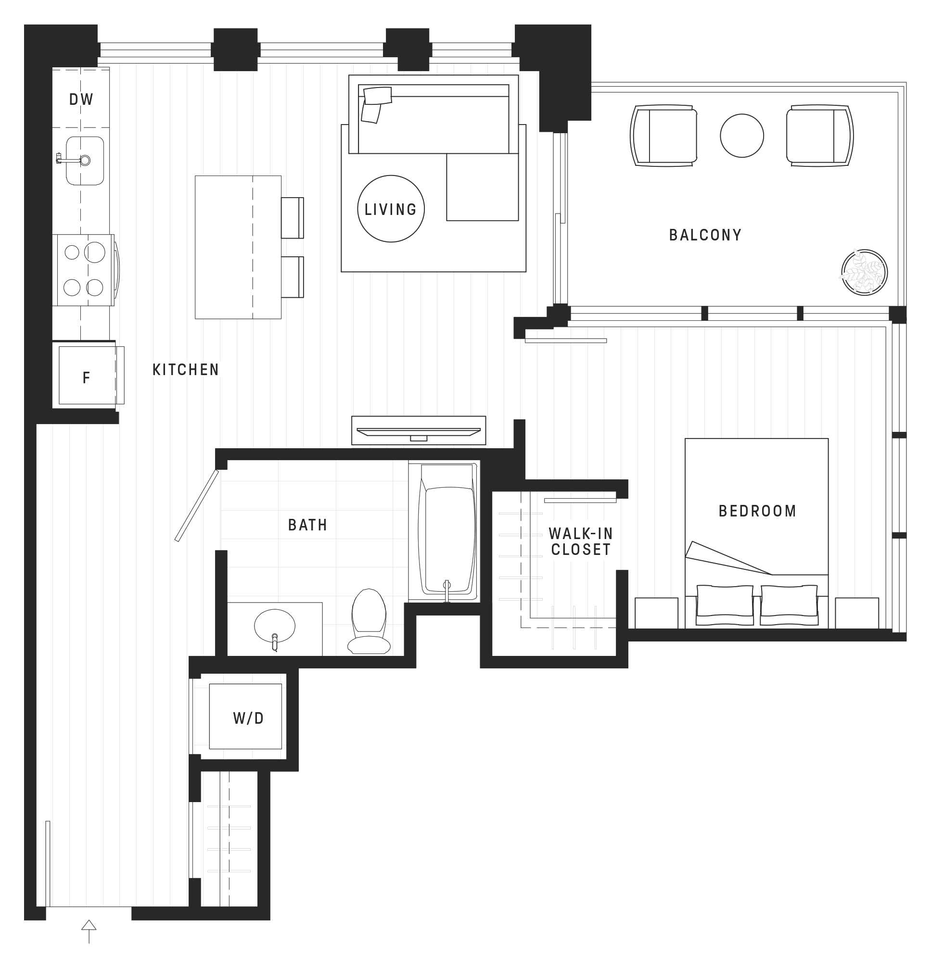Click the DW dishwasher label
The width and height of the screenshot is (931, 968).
coord(81,99)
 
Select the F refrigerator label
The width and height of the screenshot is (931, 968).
coord(86,378)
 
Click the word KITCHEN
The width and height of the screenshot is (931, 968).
coord(185,369)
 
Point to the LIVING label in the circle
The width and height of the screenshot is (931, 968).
coord(390,209)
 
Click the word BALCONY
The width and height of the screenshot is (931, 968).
coord(705,235)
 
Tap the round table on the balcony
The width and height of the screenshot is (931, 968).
coord(742,136)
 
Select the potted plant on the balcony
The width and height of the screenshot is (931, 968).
coord(864,273)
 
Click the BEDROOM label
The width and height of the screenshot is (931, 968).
coord(757,511)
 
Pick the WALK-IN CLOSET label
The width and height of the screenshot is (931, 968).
coord(581,542)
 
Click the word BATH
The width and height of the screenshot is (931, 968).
coord(307,525)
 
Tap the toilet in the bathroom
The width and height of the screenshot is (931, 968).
coord(369,622)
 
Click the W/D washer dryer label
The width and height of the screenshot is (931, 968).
coord(248,718)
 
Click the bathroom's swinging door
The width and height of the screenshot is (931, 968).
coord(197,505)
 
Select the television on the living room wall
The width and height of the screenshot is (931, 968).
coord(419,433)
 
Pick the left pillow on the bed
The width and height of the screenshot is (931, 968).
coord(725,605)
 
